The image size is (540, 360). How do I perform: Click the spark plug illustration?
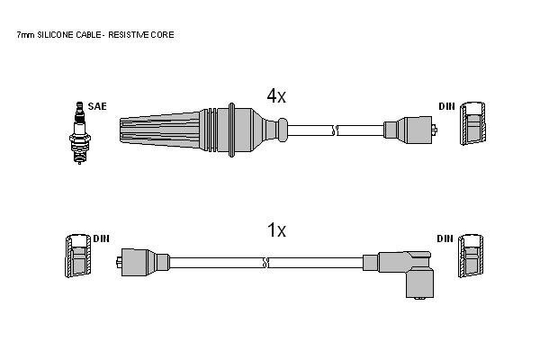[x=79, y=133]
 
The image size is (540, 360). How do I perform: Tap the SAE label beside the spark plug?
[x=97, y=106]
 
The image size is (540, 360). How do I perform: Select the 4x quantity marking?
[x=276, y=95]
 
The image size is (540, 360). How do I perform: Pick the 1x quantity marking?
[x=276, y=230]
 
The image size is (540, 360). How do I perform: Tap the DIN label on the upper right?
[x=446, y=106]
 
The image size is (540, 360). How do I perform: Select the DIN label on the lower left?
[x=101, y=238]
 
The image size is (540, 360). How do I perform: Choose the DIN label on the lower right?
[x=445, y=238]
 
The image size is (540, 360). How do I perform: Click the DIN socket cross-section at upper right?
[x=473, y=123]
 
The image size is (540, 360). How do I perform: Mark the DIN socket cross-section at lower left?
[x=78, y=256]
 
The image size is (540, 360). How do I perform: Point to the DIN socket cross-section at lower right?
[x=471, y=256]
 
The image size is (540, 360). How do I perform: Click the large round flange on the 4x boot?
[x=232, y=130]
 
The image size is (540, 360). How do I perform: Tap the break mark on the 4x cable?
[x=335, y=130]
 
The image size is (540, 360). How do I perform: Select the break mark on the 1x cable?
[x=265, y=263]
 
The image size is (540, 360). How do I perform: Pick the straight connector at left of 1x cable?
[x=142, y=263]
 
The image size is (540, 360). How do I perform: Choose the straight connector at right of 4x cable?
[x=410, y=130]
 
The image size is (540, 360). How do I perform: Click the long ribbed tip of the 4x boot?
[x=160, y=130]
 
